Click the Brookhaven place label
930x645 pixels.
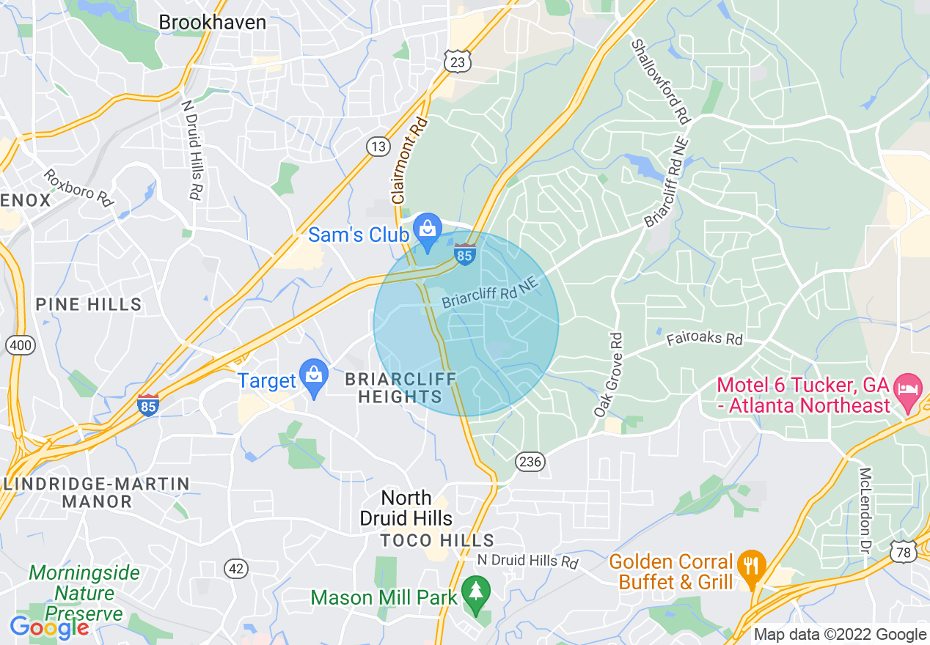pos(213,23)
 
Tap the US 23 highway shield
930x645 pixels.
pos(456,62)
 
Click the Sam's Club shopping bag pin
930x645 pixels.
pos(427,229)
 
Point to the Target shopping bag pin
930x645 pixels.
pos(314,375)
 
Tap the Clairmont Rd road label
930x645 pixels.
pos(409,161)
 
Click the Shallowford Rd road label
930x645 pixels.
pos(662,81)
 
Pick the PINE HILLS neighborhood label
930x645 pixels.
pos(89,304)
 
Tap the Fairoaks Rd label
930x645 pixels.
pos(704,339)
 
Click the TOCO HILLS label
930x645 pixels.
pos(437,541)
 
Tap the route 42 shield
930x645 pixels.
pos(238,568)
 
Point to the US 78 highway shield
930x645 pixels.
pos(904,551)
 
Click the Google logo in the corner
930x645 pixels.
pos(49,627)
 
